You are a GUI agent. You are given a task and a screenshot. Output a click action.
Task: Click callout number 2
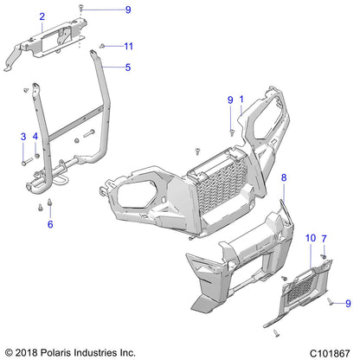[40, 16]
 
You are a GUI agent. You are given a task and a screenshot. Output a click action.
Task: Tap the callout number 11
[128, 45]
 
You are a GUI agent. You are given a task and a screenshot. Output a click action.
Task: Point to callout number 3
[22, 137]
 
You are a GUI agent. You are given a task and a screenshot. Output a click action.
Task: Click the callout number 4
[35, 137]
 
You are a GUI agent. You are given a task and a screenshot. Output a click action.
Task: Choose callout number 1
[241, 100]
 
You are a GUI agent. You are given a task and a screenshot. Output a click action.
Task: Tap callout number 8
[283, 177]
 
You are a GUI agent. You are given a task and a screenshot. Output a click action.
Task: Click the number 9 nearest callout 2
[128, 10]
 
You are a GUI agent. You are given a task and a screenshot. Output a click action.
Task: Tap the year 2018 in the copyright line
[30, 352]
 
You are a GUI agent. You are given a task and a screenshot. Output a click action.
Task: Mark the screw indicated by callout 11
[103, 45]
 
